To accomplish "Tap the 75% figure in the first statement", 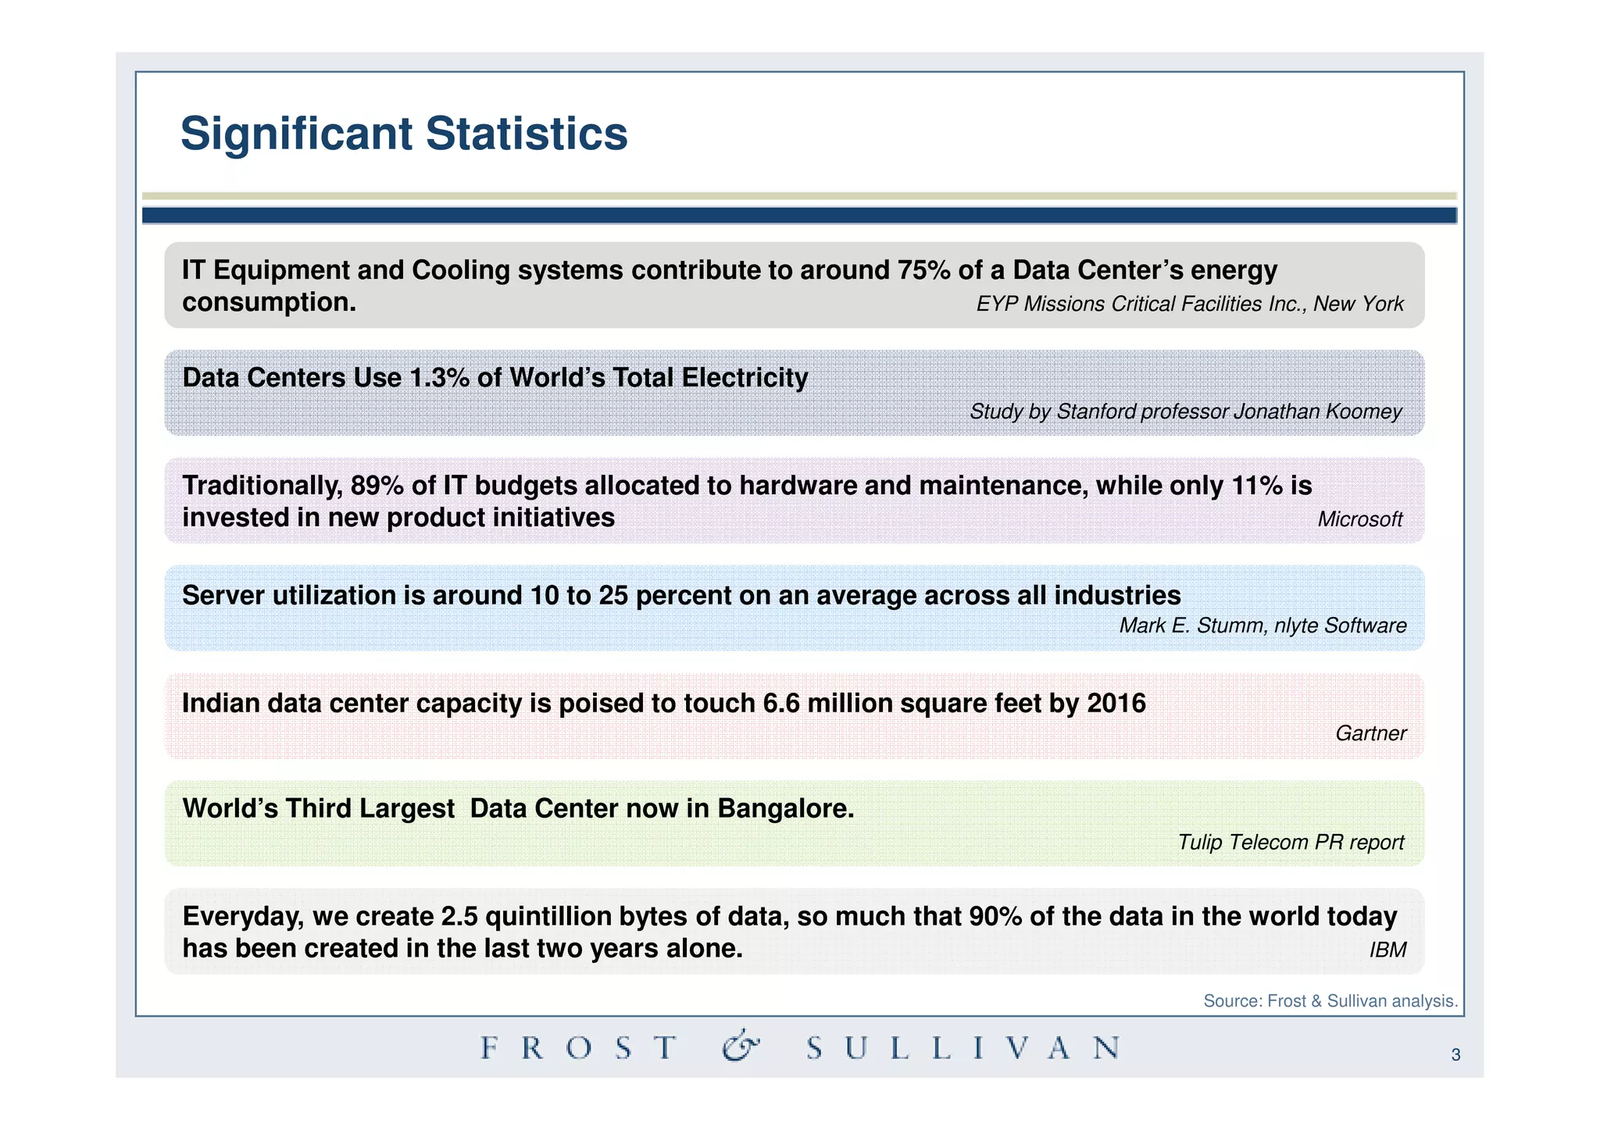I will [923, 270].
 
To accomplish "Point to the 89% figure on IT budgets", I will [377, 486].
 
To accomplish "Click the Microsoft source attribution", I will [1359, 519].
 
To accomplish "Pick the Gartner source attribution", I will [1370, 733].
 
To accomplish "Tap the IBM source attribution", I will [1387, 950].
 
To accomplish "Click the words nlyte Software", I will [1340, 626].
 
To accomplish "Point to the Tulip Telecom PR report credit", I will [1291, 843].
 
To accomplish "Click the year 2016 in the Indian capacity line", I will [1116, 704].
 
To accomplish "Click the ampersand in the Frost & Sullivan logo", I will [739, 1046].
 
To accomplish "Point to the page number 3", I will [1455, 1056].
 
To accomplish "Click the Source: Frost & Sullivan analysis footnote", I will [1330, 1001].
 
